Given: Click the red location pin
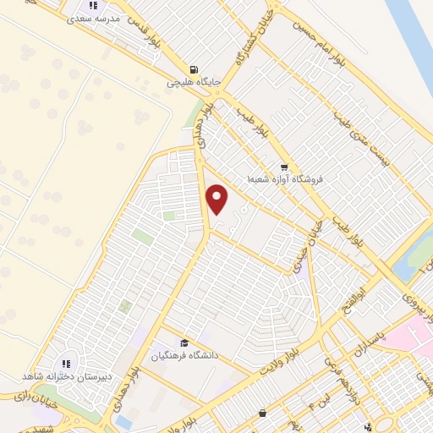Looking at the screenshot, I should (218, 200).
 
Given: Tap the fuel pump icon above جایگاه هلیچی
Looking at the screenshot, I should (195, 69).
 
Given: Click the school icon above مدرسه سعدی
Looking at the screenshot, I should (91, 5).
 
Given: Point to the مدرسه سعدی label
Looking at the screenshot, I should (90, 17).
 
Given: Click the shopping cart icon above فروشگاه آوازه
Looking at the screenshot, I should (284, 167).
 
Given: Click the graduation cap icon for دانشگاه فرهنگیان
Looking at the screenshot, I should (184, 343).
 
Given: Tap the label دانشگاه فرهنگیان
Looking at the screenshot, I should (184, 355).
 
